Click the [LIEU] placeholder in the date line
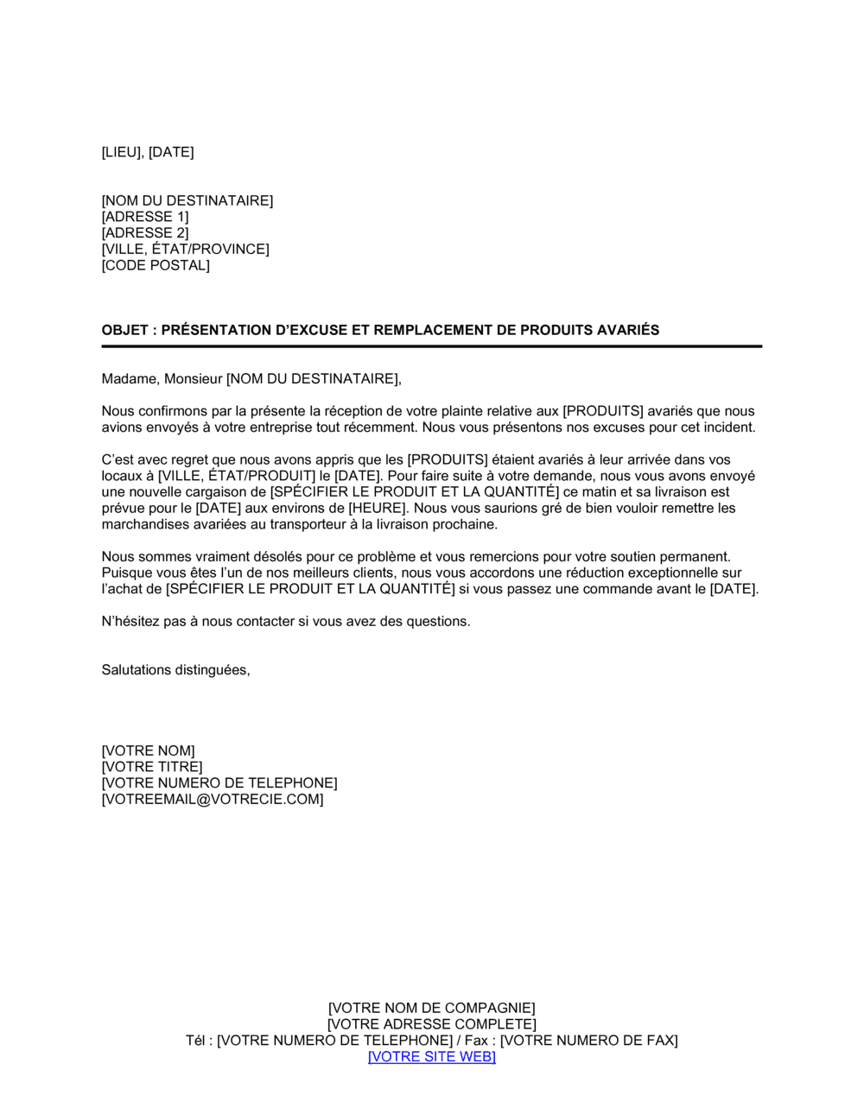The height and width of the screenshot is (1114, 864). [122, 152]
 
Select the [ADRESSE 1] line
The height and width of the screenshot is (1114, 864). [145, 217]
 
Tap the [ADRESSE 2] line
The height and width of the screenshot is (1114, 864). [145, 233]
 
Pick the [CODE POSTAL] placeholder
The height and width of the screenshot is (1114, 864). [156, 265]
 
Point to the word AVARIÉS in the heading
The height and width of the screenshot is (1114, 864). [627, 330]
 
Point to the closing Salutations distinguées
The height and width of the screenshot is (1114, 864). [175, 670]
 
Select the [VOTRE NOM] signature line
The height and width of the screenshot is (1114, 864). [149, 751]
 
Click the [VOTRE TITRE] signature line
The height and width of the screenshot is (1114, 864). [152, 767]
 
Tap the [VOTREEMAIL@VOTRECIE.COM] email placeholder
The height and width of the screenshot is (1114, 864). [213, 800]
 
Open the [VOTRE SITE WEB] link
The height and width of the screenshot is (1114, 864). [432, 1057]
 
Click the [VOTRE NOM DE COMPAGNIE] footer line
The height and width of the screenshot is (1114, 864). [432, 1008]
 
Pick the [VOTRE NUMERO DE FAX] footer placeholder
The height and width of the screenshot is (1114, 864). [589, 1041]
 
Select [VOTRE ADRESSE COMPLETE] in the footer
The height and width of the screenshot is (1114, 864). [432, 1024]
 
